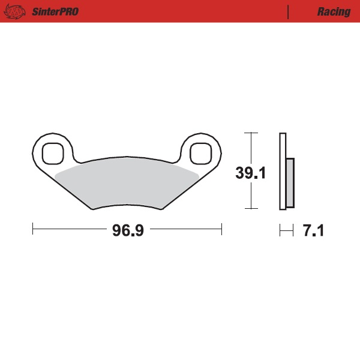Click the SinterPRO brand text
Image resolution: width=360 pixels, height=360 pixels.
pyautogui.click(x=55, y=11)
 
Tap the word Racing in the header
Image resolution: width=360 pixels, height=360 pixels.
pyautogui.click(x=334, y=11)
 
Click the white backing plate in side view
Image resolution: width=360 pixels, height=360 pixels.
pyautogui.click(x=283, y=171)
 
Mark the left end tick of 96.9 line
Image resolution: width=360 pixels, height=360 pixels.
pyautogui.click(x=32, y=229)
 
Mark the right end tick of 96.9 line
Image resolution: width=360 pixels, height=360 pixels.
pyautogui.click(x=222, y=229)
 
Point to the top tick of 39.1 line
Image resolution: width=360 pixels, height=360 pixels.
pyautogui.click(x=251, y=133)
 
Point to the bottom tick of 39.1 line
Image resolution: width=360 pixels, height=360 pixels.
pyautogui.click(x=251, y=209)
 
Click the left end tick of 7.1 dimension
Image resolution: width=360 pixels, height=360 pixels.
pyautogui.click(x=280, y=229)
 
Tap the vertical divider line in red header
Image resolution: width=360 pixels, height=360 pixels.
pyautogui.click(x=289, y=11)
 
